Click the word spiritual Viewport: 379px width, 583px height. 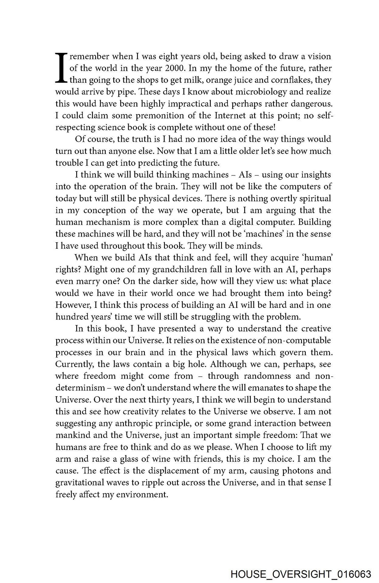(x=313, y=199)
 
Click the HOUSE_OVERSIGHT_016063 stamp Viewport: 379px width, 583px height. (x=301, y=574)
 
